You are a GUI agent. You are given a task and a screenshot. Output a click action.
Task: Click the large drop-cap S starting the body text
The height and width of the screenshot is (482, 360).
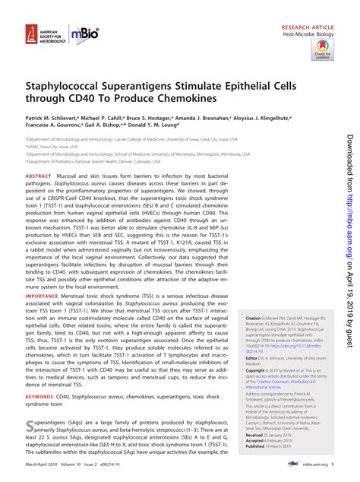point(31,422)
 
